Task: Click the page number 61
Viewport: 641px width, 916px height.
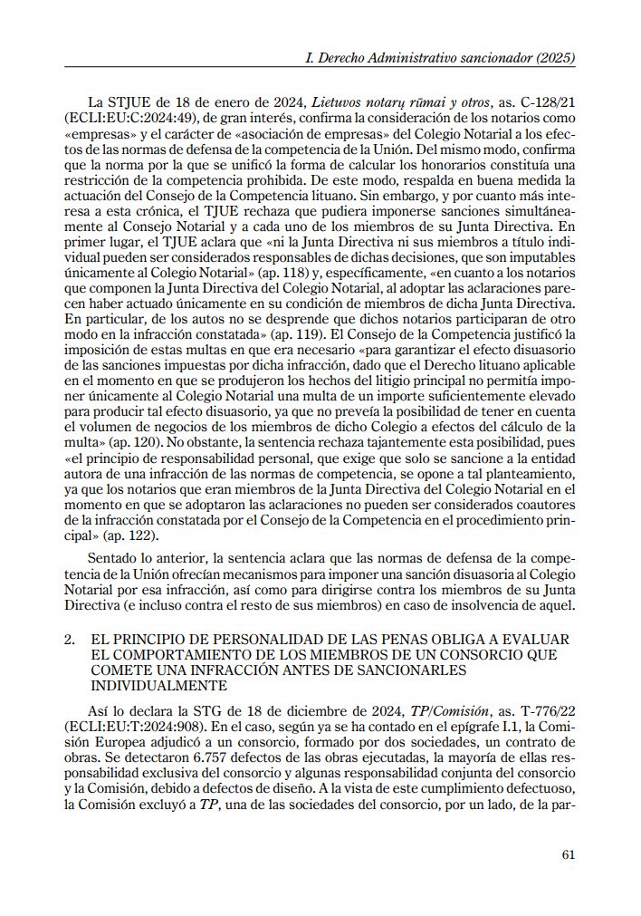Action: point(569,853)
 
